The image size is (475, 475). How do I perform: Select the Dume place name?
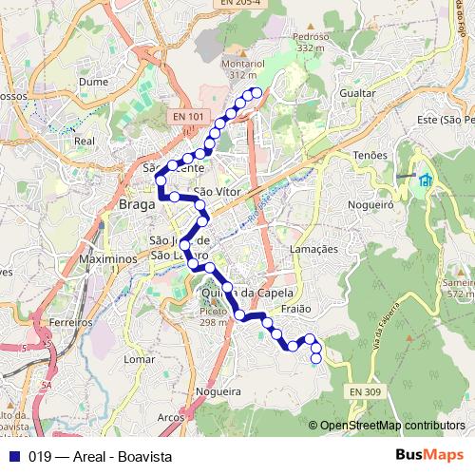[93, 83]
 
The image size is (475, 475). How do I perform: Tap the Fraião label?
[297, 309]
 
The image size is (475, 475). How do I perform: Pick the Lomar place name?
[139, 360]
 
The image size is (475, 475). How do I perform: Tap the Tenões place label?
[370, 154]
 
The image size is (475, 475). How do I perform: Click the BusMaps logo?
[430, 455]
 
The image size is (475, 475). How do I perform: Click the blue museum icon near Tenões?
[425, 180]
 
